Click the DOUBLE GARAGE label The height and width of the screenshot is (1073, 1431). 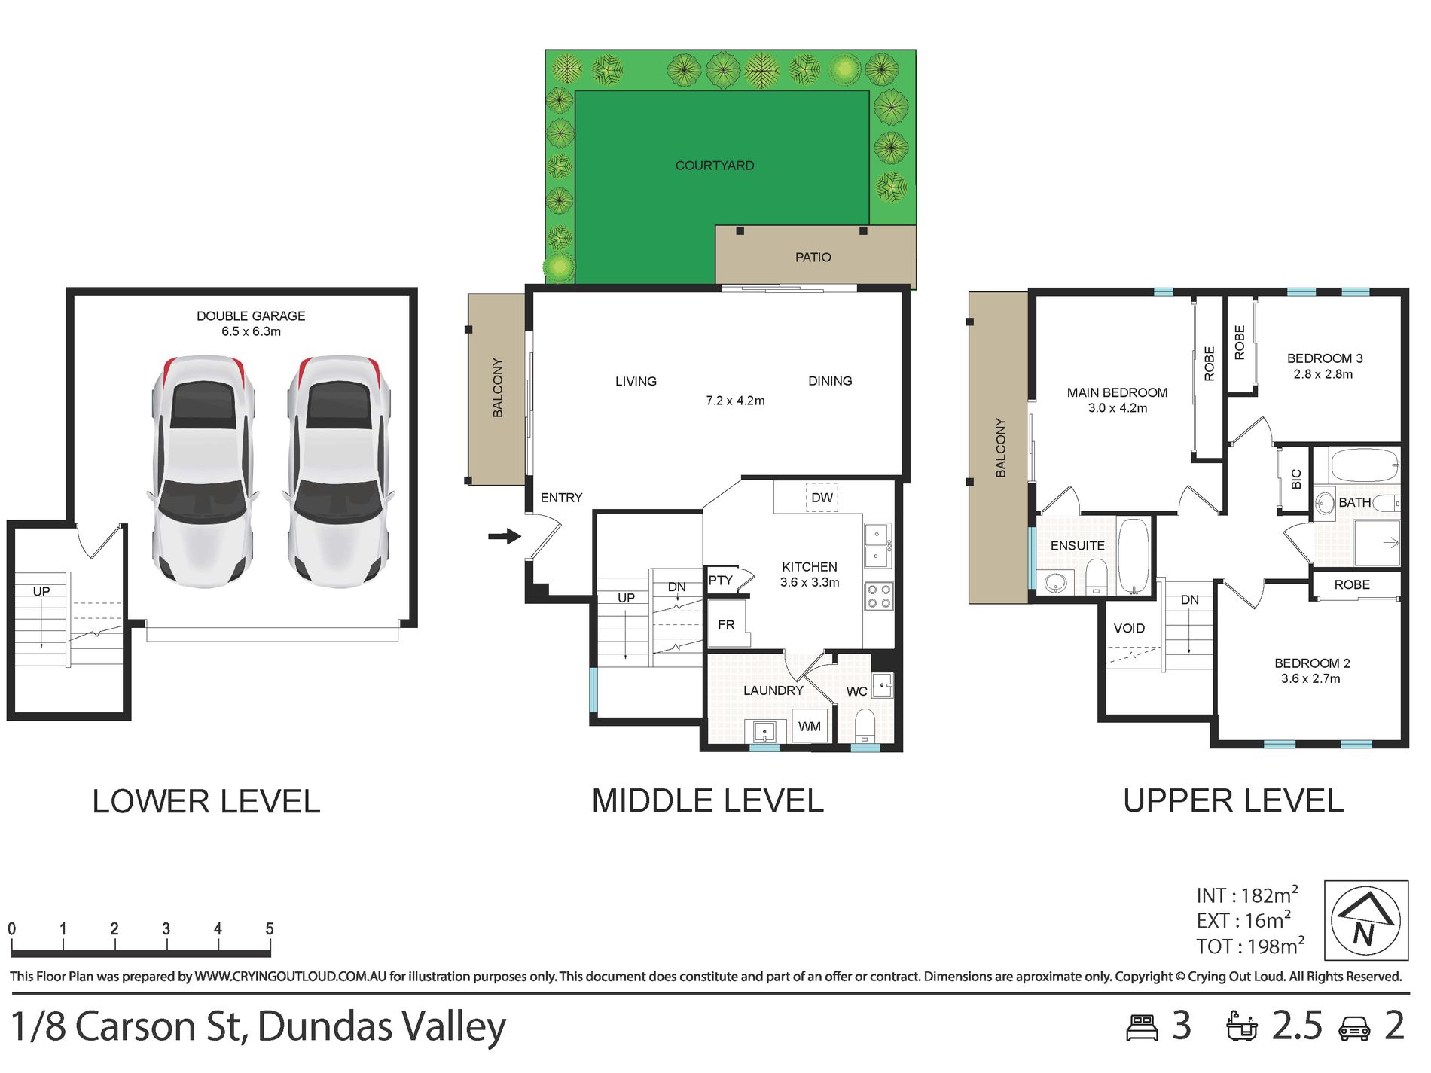pyautogui.click(x=251, y=316)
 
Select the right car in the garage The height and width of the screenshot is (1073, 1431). pyautogui.click(x=339, y=472)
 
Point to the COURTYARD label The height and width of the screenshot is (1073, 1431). pyautogui.click(x=715, y=166)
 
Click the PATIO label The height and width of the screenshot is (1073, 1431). pyautogui.click(x=813, y=258)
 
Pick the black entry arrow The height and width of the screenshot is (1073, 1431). pyautogui.click(x=505, y=536)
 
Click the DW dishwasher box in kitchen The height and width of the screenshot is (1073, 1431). pyautogui.click(x=822, y=498)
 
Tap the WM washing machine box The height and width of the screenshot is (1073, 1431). pyautogui.click(x=810, y=727)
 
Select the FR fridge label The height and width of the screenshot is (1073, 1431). pyautogui.click(x=726, y=625)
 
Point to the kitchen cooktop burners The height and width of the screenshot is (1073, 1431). pyautogui.click(x=878, y=596)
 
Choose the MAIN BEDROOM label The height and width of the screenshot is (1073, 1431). pyautogui.click(x=1117, y=393)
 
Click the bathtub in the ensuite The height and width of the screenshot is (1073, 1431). pyautogui.click(x=1134, y=556)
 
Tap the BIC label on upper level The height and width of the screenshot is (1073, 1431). pyautogui.click(x=1296, y=479)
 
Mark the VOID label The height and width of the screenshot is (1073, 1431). pyautogui.click(x=1129, y=629)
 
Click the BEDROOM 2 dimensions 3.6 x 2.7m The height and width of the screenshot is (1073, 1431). pyautogui.click(x=1310, y=679)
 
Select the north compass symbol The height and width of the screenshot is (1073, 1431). pyautogui.click(x=1365, y=920)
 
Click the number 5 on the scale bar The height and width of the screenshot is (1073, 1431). pyautogui.click(x=270, y=929)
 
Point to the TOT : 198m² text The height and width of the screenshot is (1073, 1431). pyautogui.click(x=1250, y=946)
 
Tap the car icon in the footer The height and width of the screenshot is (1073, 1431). pyautogui.click(x=1354, y=1029)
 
